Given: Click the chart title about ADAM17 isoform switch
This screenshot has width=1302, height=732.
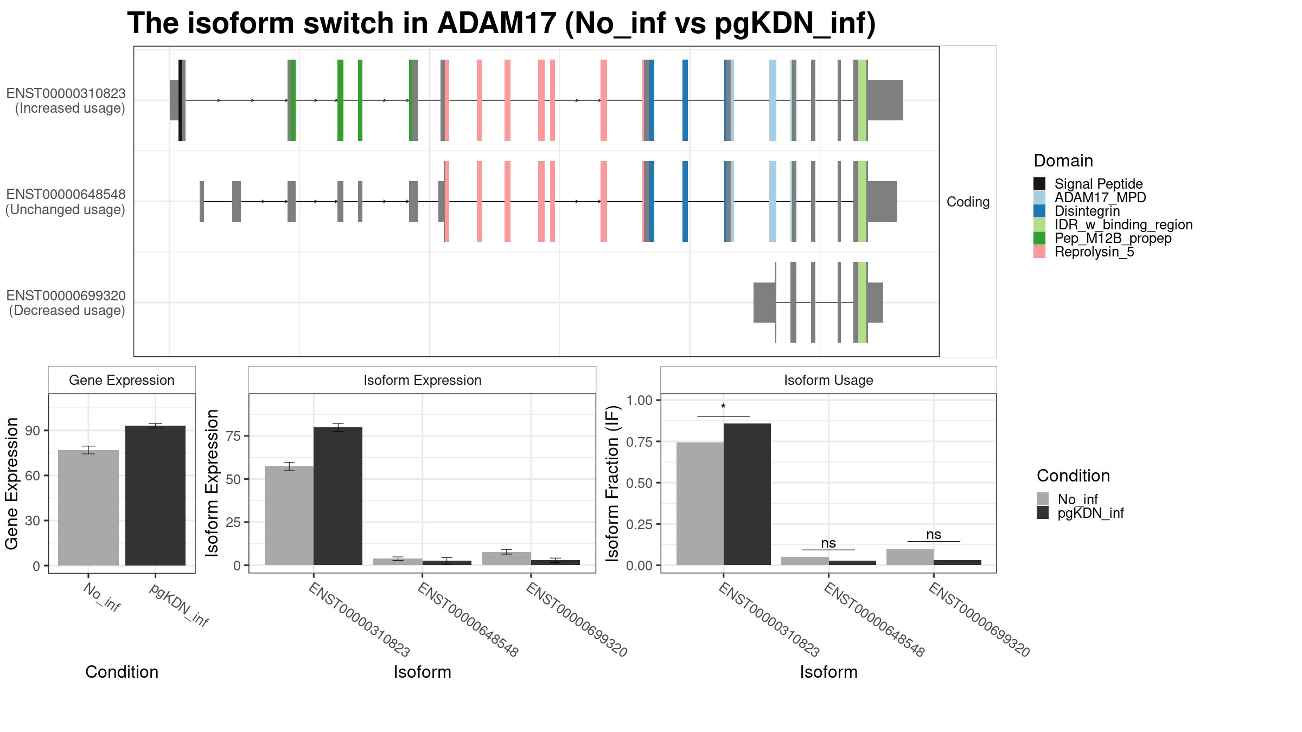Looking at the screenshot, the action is coord(501,23).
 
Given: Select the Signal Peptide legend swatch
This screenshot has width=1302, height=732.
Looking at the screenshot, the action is coord(1039,184).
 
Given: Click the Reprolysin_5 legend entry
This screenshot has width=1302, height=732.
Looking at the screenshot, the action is coord(1094,252).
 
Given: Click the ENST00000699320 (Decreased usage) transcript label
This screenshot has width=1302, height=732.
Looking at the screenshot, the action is coord(66,303).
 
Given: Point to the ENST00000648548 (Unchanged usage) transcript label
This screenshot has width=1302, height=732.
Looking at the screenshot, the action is coord(66,202).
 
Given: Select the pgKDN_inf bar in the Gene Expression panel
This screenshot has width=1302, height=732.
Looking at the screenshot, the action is coord(155,496).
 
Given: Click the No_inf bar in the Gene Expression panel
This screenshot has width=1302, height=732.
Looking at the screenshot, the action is coord(88,508).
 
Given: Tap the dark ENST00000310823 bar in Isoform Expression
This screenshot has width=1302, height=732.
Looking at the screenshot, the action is coord(338,496).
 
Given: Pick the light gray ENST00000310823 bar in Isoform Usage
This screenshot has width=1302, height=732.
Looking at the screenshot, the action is coord(700,504).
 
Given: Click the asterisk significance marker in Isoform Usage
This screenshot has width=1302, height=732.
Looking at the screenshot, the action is coord(723,407).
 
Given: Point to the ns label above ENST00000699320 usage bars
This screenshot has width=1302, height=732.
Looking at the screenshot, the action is coord(934,534).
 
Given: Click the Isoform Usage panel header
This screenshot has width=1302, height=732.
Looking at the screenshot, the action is coord(828,380).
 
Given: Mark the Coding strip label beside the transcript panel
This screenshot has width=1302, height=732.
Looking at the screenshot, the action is coord(968,202).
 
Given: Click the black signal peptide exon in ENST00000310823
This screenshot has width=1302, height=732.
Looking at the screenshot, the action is coord(180,100).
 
